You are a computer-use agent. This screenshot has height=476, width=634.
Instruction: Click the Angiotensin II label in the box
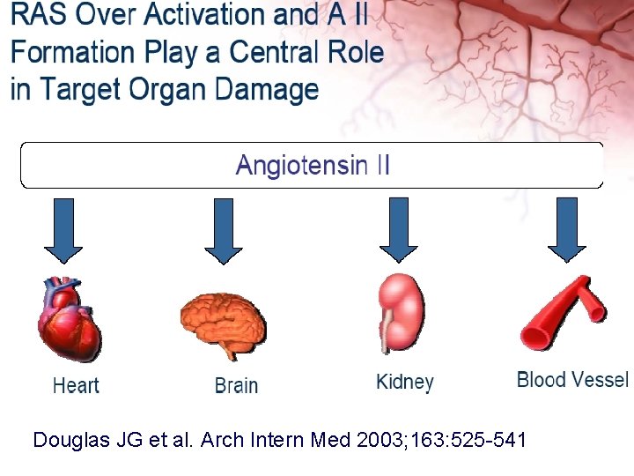tap(313, 166)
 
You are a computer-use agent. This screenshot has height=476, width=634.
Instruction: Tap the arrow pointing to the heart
tap(63, 229)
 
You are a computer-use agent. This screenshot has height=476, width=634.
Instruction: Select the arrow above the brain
tap(224, 229)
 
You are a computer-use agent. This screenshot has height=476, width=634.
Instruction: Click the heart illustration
tap(69, 318)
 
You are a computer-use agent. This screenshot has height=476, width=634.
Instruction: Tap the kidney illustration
tap(401, 314)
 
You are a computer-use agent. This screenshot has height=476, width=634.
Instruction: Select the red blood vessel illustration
tap(564, 313)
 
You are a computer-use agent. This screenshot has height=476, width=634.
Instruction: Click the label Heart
tap(76, 385)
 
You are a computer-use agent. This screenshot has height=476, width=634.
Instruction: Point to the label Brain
tap(236, 385)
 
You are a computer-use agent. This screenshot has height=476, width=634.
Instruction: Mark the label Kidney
tap(405, 383)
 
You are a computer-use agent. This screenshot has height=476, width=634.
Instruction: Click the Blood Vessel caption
tap(572, 380)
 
